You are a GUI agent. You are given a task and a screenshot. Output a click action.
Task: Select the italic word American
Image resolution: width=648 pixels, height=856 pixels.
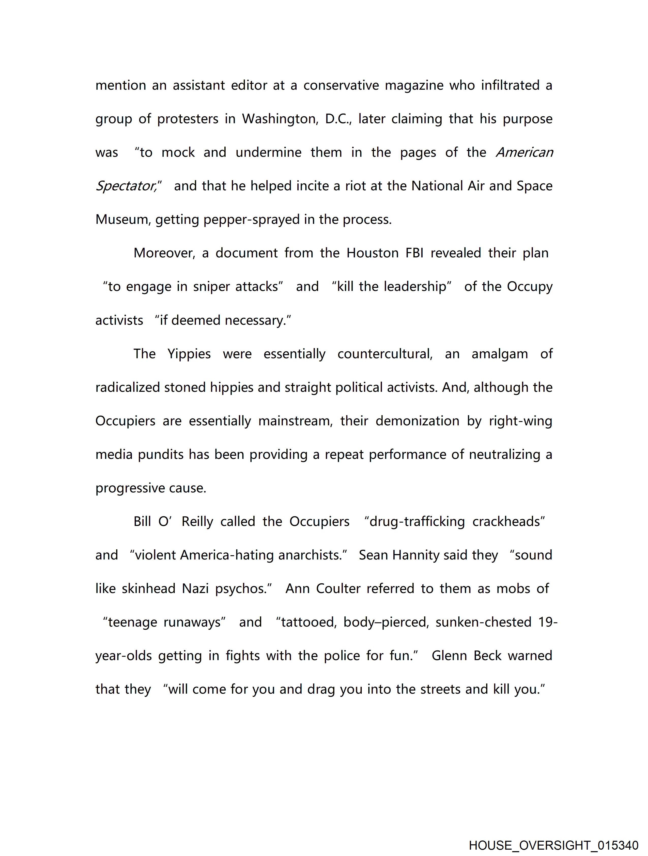point(524,152)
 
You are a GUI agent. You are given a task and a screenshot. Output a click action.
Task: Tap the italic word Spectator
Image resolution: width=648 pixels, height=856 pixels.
point(126,186)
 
